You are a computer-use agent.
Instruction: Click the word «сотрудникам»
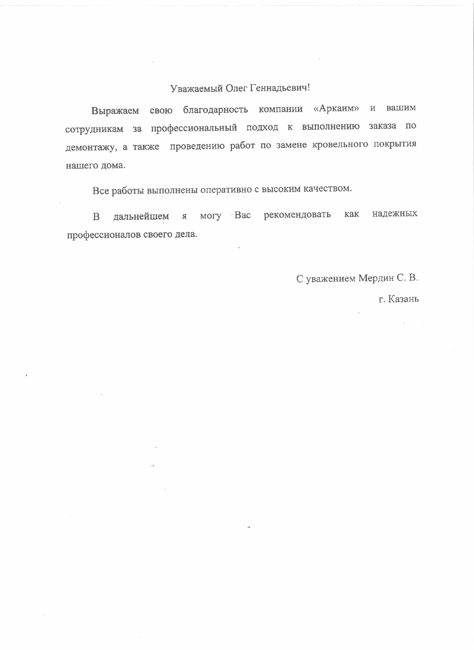(94, 129)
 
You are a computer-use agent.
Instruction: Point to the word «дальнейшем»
(141, 216)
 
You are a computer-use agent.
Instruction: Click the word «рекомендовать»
(297, 214)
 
